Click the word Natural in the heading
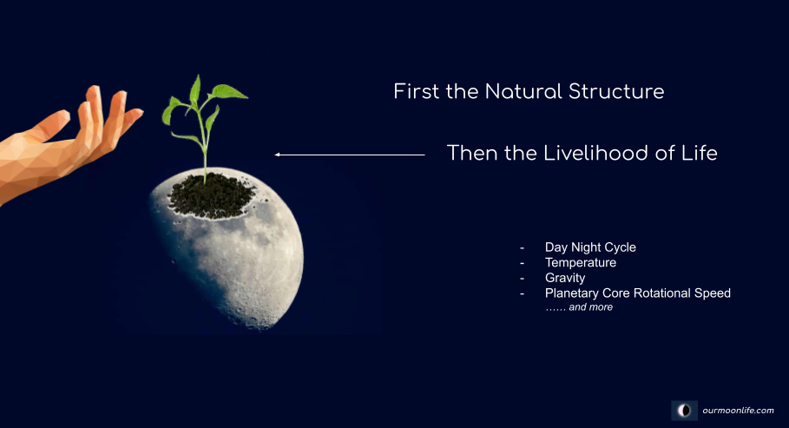tap(523, 92)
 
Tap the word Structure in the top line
tap(616, 92)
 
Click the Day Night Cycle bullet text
tap(590, 247)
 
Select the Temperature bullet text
tap(580, 263)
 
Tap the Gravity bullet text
tap(565, 278)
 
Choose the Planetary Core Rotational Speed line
tap(638, 293)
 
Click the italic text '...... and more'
tap(579, 307)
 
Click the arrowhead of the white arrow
tap(277, 155)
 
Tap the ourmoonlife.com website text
tap(738, 411)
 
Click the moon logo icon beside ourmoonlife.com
tap(684, 411)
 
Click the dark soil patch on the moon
tap(211, 196)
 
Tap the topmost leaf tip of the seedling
tap(198, 76)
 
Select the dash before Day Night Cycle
tap(523, 247)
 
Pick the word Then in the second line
tap(472, 153)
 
